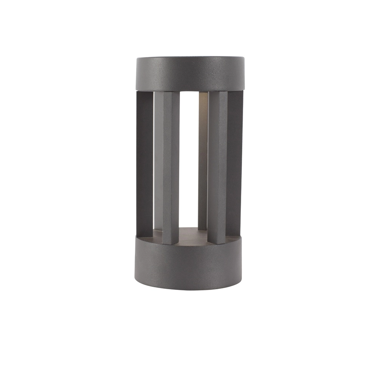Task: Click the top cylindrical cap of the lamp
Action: pyautogui.click(x=190, y=74)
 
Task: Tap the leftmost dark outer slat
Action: pyautogui.click(x=145, y=163)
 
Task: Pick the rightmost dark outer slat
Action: pyautogui.click(x=235, y=163)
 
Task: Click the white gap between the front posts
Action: pyautogui.click(x=189, y=159)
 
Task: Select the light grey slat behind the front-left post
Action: pyautogui.click(x=158, y=159)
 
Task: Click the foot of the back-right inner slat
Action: pyautogui.click(x=203, y=228)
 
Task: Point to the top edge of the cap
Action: pyautogui.click(x=190, y=58)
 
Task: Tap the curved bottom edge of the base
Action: pyautogui.click(x=188, y=289)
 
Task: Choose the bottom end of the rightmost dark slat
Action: pyautogui.click(x=234, y=232)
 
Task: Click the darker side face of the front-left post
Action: pyautogui.click(x=175, y=166)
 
